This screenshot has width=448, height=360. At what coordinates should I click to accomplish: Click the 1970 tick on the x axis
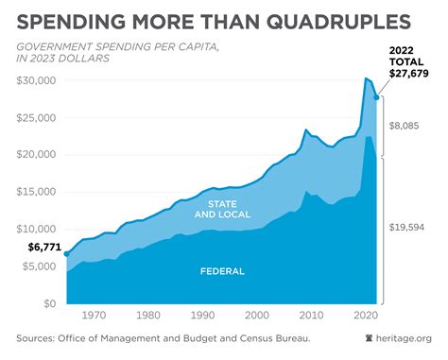(93, 316)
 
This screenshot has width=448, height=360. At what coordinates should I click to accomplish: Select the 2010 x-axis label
(307, 316)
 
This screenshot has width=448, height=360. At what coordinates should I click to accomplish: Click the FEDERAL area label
(223, 271)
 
